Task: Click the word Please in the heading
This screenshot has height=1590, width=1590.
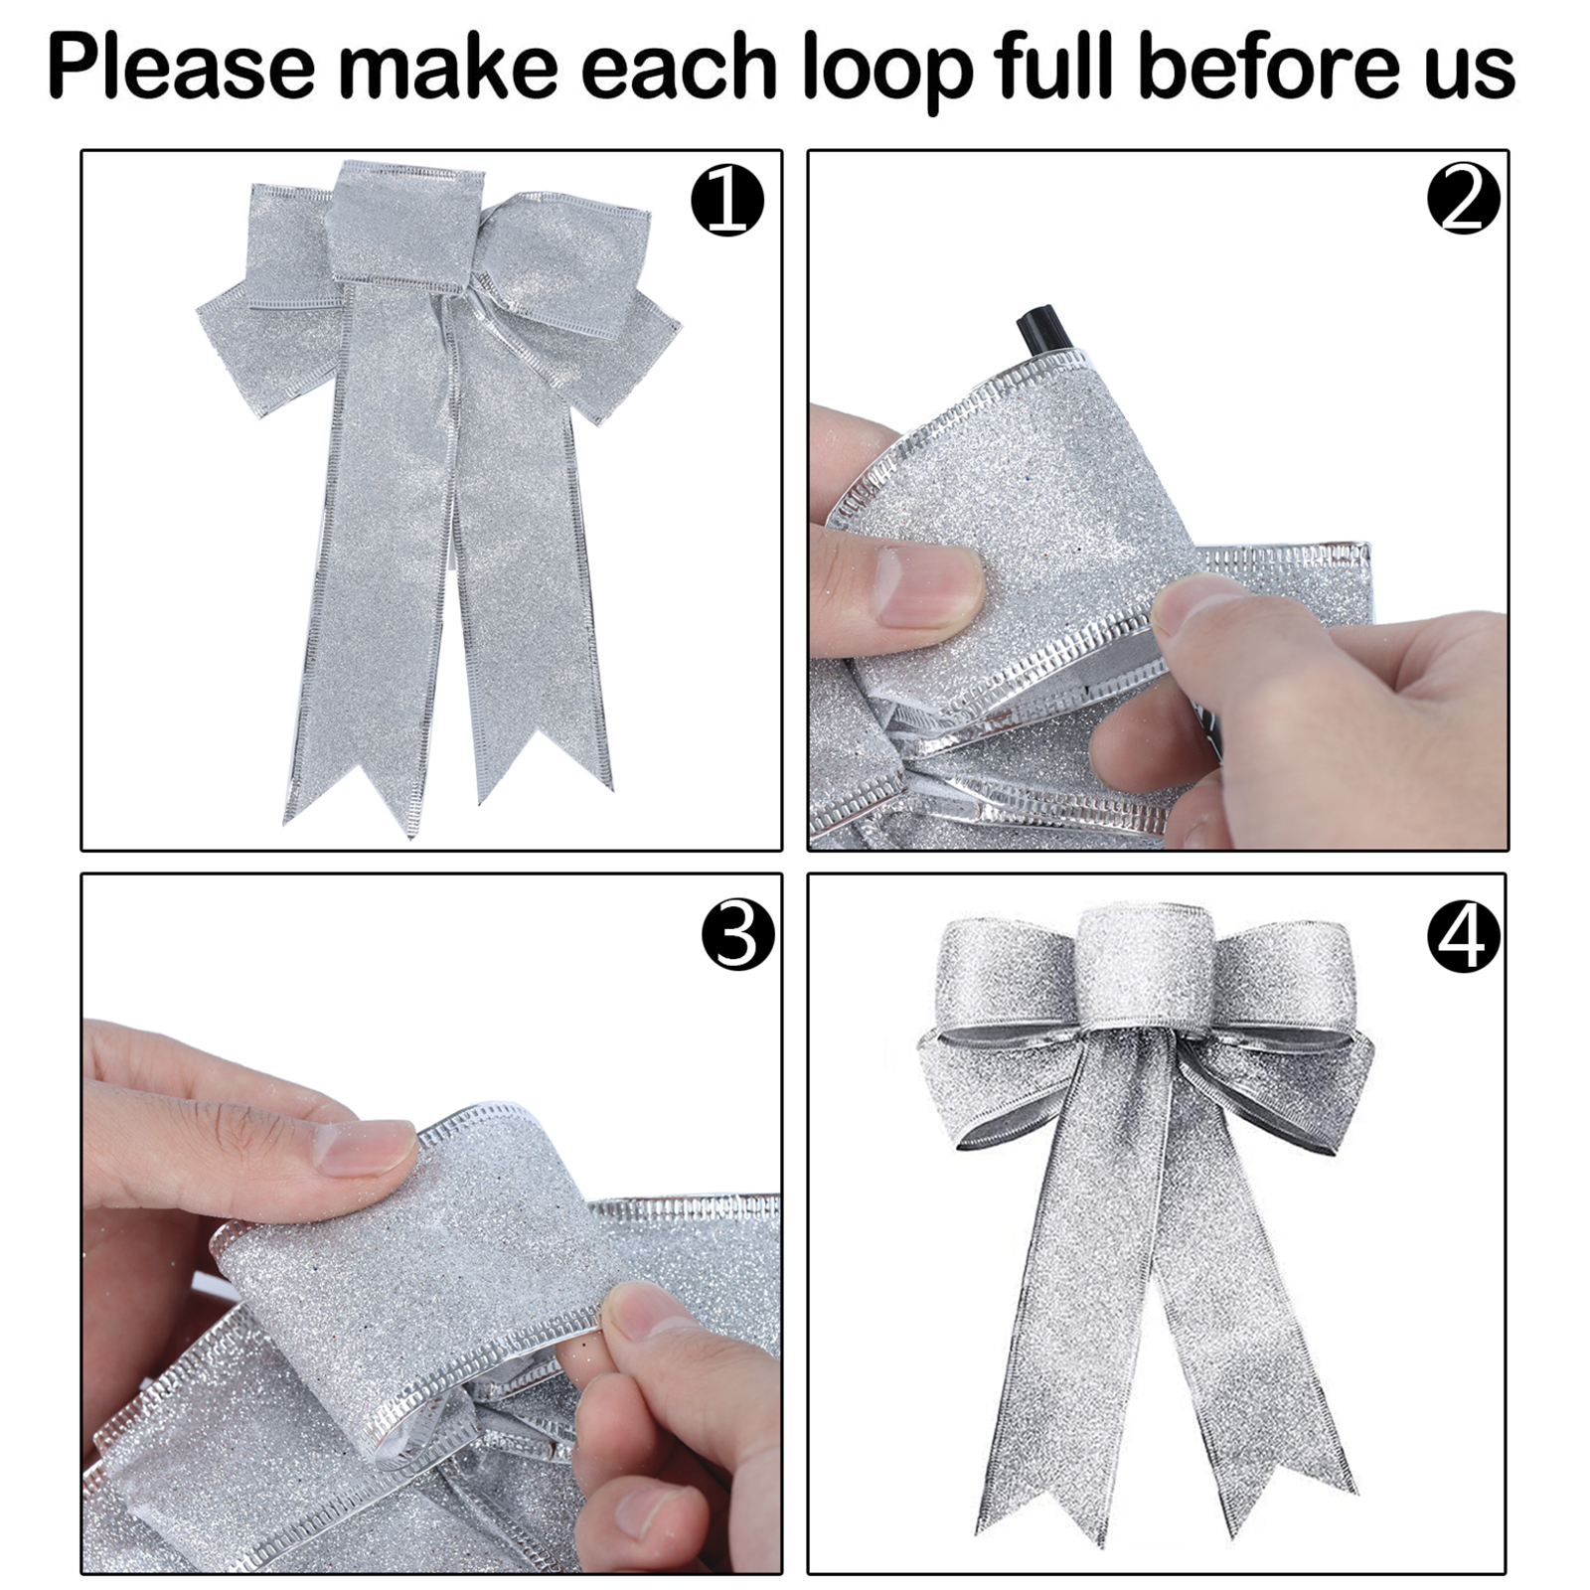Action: pos(181,68)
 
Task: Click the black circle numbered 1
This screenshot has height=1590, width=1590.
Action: pos(727,201)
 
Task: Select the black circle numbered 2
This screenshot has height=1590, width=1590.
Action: pos(1464,199)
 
